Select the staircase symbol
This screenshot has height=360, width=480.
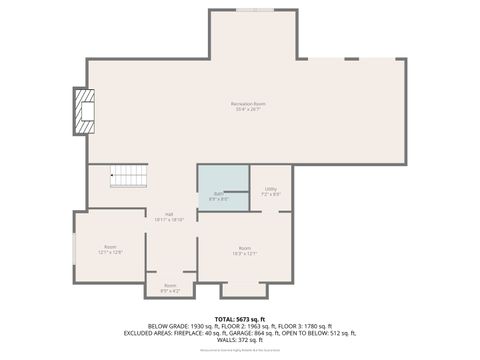coord(128,177)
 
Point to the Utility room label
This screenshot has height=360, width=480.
coord(271,188)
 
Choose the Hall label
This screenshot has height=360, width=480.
coord(169,214)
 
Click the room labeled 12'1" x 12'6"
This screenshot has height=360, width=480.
coord(110,248)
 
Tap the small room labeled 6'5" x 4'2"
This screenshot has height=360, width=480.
coord(170,289)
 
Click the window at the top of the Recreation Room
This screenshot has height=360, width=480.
coord(254,10)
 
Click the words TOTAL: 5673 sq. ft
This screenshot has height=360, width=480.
coord(240,318)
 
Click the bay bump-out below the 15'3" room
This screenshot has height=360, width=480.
coord(244,289)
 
